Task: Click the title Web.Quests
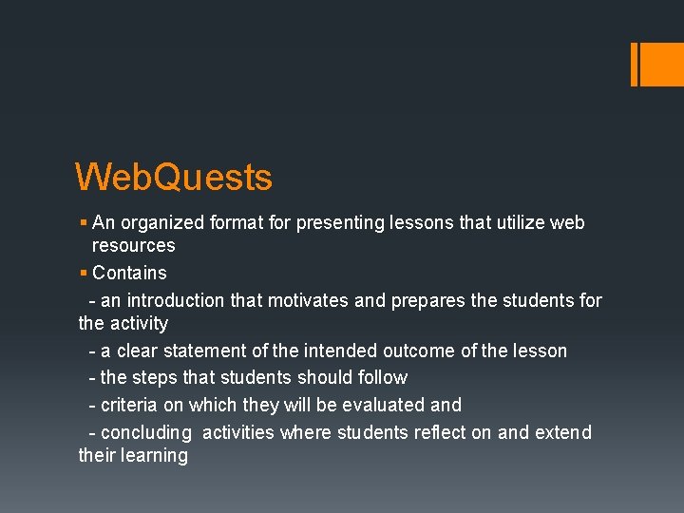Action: coord(174,178)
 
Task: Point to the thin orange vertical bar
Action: coord(634,64)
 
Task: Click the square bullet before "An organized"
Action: coord(84,223)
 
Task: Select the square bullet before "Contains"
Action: coord(84,274)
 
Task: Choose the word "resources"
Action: coord(133,246)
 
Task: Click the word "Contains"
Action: coord(129,274)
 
